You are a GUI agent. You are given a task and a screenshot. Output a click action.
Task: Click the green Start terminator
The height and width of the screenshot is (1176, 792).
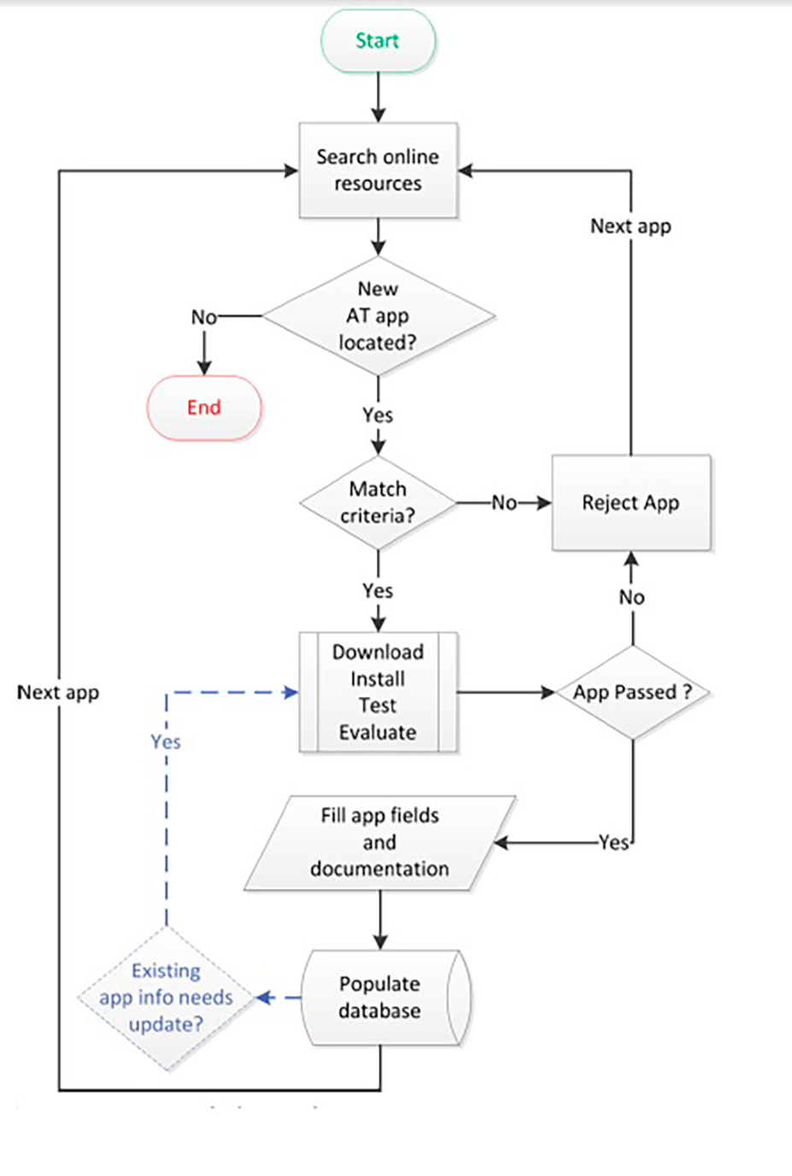click(x=378, y=41)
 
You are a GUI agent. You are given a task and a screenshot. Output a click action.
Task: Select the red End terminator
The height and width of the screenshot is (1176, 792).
click(x=204, y=407)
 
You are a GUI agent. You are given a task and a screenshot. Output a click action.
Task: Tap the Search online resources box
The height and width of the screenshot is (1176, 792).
click(x=378, y=170)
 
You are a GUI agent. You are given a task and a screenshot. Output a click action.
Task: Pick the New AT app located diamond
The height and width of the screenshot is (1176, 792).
click(x=378, y=316)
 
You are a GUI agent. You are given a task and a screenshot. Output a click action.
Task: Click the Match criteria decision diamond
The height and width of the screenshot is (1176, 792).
click(x=378, y=502)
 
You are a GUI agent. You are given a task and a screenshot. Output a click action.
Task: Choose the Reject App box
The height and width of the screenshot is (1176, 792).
click(x=631, y=502)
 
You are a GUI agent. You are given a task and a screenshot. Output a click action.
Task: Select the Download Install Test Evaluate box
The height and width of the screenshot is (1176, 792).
click(x=378, y=692)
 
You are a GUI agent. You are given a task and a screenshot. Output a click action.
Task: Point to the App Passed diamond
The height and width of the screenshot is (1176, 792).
click(x=632, y=692)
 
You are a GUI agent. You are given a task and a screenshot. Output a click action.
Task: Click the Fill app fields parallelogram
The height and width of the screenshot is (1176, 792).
click(x=379, y=842)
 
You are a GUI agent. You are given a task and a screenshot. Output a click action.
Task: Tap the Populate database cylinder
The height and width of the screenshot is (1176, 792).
click(x=379, y=997)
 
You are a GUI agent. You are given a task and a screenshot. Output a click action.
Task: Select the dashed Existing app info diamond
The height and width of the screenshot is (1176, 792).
click(x=166, y=997)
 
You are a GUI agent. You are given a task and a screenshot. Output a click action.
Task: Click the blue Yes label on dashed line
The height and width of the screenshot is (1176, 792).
click(x=166, y=741)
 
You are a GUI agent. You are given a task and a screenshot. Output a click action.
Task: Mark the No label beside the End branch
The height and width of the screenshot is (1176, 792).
click(x=203, y=318)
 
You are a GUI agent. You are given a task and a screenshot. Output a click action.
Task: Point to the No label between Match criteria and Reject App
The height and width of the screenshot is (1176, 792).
click(x=504, y=503)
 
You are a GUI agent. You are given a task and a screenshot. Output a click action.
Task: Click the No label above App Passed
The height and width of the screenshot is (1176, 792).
click(x=631, y=597)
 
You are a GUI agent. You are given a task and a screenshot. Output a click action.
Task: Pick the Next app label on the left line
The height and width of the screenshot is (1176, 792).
click(x=58, y=693)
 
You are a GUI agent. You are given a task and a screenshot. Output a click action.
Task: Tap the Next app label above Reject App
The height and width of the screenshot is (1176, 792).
click(x=631, y=226)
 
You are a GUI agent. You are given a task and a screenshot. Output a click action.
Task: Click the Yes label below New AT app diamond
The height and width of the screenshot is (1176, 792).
click(x=378, y=415)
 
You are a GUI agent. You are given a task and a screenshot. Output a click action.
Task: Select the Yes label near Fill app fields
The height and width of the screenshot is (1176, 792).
click(x=613, y=843)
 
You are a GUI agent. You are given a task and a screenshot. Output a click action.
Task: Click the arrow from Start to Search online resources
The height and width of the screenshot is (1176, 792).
click(x=378, y=98)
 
